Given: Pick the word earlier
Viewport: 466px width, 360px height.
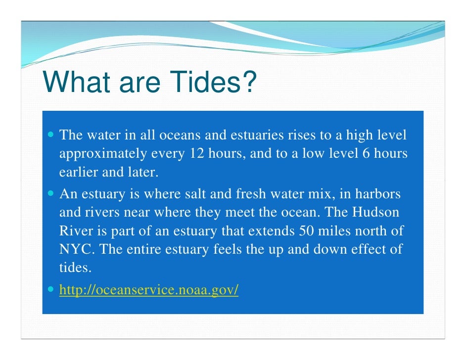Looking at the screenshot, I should pyautogui.click(x=79, y=173).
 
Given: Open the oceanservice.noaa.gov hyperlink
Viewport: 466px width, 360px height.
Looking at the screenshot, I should pyautogui.click(x=149, y=290).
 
